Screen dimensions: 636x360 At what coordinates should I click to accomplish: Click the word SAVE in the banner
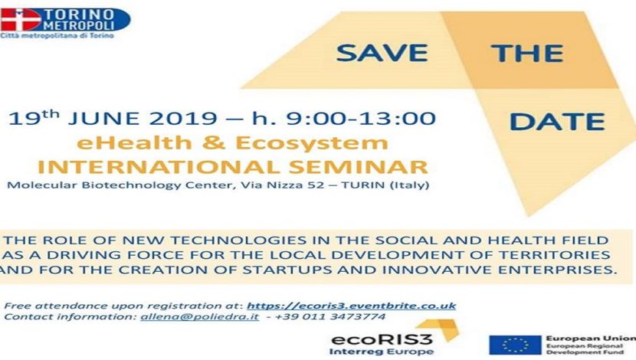click(x=382, y=53)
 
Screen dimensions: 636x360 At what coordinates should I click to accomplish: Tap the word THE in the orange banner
click(x=527, y=53)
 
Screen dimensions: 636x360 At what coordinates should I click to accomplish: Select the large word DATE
click(x=557, y=122)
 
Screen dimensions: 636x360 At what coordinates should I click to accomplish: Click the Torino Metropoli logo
click(x=65, y=23)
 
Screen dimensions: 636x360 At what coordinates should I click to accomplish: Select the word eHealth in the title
click(x=134, y=142)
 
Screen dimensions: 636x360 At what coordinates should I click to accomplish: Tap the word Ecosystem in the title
click(x=312, y=143)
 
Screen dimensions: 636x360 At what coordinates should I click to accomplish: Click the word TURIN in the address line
click(x=362, y=185)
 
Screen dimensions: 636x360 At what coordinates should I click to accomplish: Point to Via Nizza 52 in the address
click(x=282, y=185)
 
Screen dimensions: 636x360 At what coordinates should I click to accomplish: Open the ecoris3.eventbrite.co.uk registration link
click(x=351, y=306)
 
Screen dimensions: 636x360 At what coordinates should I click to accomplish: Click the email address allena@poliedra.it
click(x=199, y=316)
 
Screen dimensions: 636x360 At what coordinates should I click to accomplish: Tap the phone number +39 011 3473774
click(x=329, y=316)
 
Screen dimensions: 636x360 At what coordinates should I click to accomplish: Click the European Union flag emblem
click(x=515, y=345)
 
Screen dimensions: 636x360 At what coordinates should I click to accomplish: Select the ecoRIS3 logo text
click(x=382, y=339)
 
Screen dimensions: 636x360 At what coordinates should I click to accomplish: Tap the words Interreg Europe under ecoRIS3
click(x=382, y=351)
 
